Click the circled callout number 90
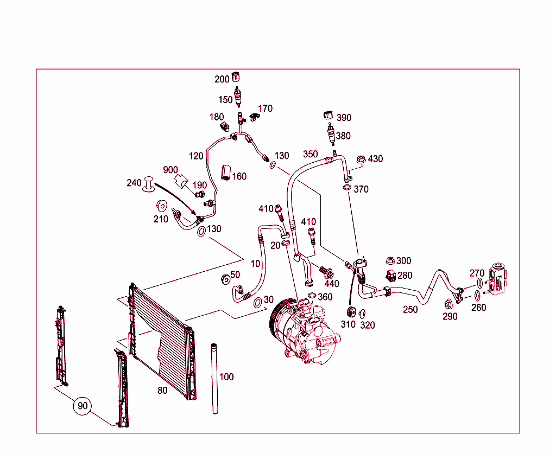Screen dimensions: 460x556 83,406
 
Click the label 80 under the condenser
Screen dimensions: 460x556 162,390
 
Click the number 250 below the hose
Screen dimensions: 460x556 410,310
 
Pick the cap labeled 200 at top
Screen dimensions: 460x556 236,76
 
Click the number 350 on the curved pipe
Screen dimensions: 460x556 310,154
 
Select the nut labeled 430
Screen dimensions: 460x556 361,159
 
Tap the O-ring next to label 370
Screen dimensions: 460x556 346,188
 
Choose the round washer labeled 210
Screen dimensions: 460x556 161,206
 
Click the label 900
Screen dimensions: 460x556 171,169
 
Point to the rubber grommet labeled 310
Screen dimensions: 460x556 350,312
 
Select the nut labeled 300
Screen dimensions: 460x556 390,261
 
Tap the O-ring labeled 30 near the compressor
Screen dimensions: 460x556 257,302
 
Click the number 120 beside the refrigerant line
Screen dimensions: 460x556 196,157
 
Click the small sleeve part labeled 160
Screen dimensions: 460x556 225,173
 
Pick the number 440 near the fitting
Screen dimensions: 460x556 331,284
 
